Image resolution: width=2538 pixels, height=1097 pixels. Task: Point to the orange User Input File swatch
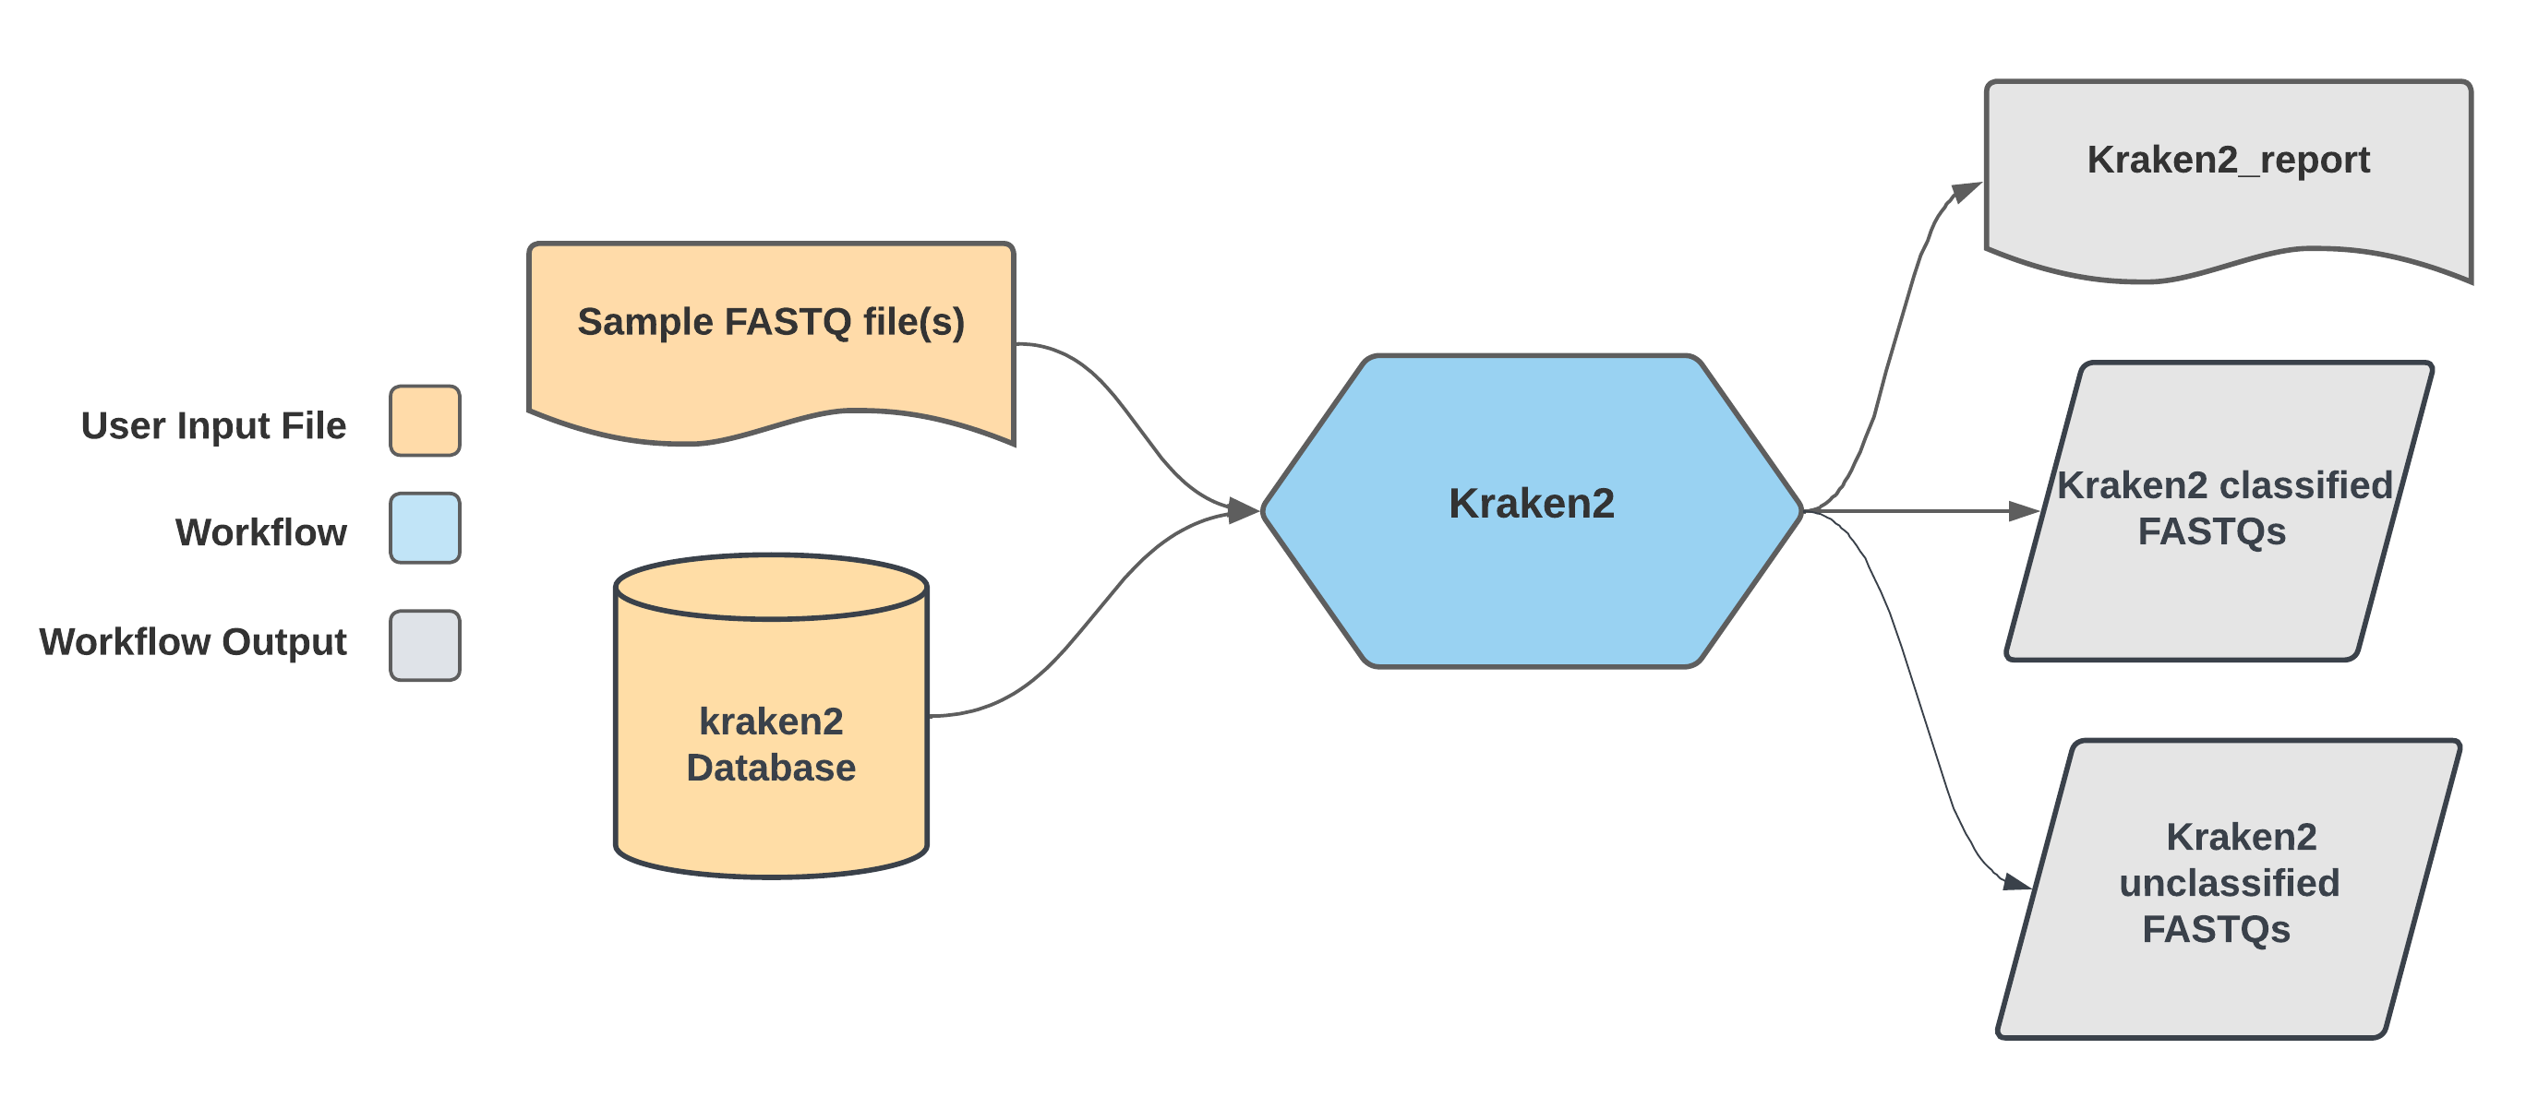point(425,421)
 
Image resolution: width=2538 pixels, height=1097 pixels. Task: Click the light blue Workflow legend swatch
point(425,528)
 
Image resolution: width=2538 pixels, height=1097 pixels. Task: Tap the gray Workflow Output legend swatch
point(425,645)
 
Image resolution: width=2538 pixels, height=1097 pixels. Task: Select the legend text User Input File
point(214,425)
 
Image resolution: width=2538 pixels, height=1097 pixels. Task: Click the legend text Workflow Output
point(193,641)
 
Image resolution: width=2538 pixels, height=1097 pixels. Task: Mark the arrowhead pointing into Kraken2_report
point(1967,189)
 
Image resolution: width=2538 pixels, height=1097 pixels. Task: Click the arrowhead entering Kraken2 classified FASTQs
point(2024,511)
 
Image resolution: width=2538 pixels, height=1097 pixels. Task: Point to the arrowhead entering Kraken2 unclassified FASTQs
point(2015,881)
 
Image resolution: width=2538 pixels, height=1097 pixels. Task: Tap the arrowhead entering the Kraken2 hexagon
point(1244,510)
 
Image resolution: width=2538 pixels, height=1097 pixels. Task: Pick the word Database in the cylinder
point(771,767)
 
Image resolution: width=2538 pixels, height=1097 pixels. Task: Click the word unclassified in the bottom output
point(2229,882)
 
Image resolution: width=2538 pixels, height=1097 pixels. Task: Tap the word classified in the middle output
point(2305,484)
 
